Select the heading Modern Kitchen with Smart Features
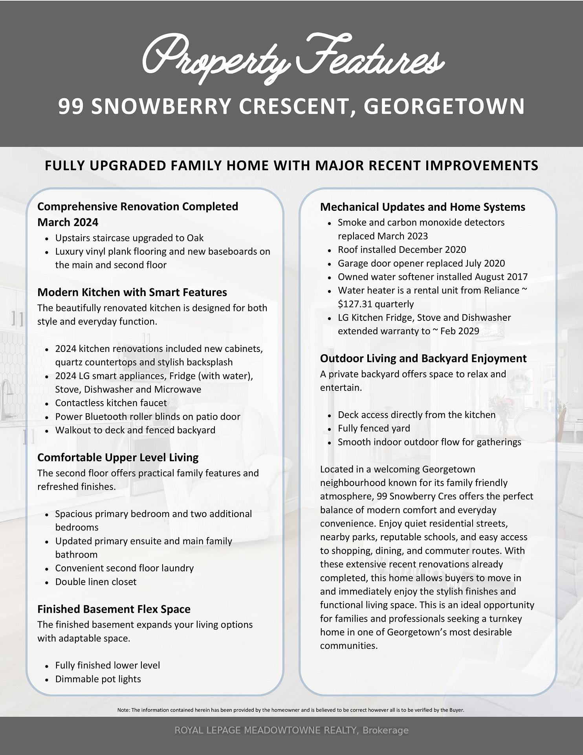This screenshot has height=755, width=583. pyautogui.click(x=132, y=292)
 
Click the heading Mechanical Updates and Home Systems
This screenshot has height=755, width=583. pyautogui.click(x=422, y=207)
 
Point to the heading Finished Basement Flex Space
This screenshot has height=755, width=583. pyautogui.click(x=114, y=609)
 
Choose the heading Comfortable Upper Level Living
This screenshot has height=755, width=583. pyautogui.click(x=118, y=457)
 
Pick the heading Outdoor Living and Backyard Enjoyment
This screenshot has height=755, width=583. pyautogui.click(x=423, y=358)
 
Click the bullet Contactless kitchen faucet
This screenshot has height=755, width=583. pyautogui.click(x=111, y=403)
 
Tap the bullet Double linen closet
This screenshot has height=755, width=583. pyautogui.click(x=95, y=582)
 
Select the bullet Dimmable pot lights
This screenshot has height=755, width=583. pyautogui.click(x=98, y=679)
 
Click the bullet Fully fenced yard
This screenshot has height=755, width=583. pyautogui.click(x=374, y=428)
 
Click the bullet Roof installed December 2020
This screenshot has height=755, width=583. pyautogui.click(x=401, y=249)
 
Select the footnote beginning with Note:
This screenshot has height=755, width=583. pyautogui.click(x=291, y=710)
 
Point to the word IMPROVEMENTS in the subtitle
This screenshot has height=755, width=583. pyautogui.click(x=482, y=166)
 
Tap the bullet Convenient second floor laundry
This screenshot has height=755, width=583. pyautogui.click(x=124, y=568)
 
